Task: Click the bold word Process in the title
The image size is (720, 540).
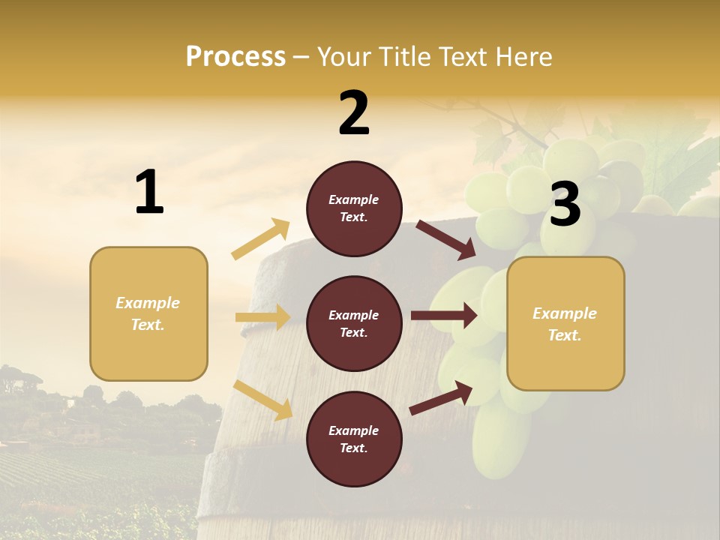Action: [235, 56]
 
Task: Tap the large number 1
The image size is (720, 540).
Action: [149, 193]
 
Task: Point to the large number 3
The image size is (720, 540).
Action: [565, 204]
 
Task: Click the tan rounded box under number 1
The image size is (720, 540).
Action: [148, 313]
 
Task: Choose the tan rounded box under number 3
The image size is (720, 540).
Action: [565, 323]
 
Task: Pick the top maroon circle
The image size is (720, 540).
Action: [354, 208]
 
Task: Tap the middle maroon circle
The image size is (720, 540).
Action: [354, 323]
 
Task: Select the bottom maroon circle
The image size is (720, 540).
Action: [354, 439]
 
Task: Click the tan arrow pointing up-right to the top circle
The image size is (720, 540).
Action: [261, 239]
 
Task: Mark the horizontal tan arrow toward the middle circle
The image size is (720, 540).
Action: [262, 317]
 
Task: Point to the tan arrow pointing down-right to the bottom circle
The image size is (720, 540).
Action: [262, 400]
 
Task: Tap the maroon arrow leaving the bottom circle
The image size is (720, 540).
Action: [441, 397]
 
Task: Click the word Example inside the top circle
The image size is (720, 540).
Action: [354, 199]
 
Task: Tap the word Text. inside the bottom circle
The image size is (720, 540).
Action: [354, 448]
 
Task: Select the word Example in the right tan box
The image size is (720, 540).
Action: [565, 313]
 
